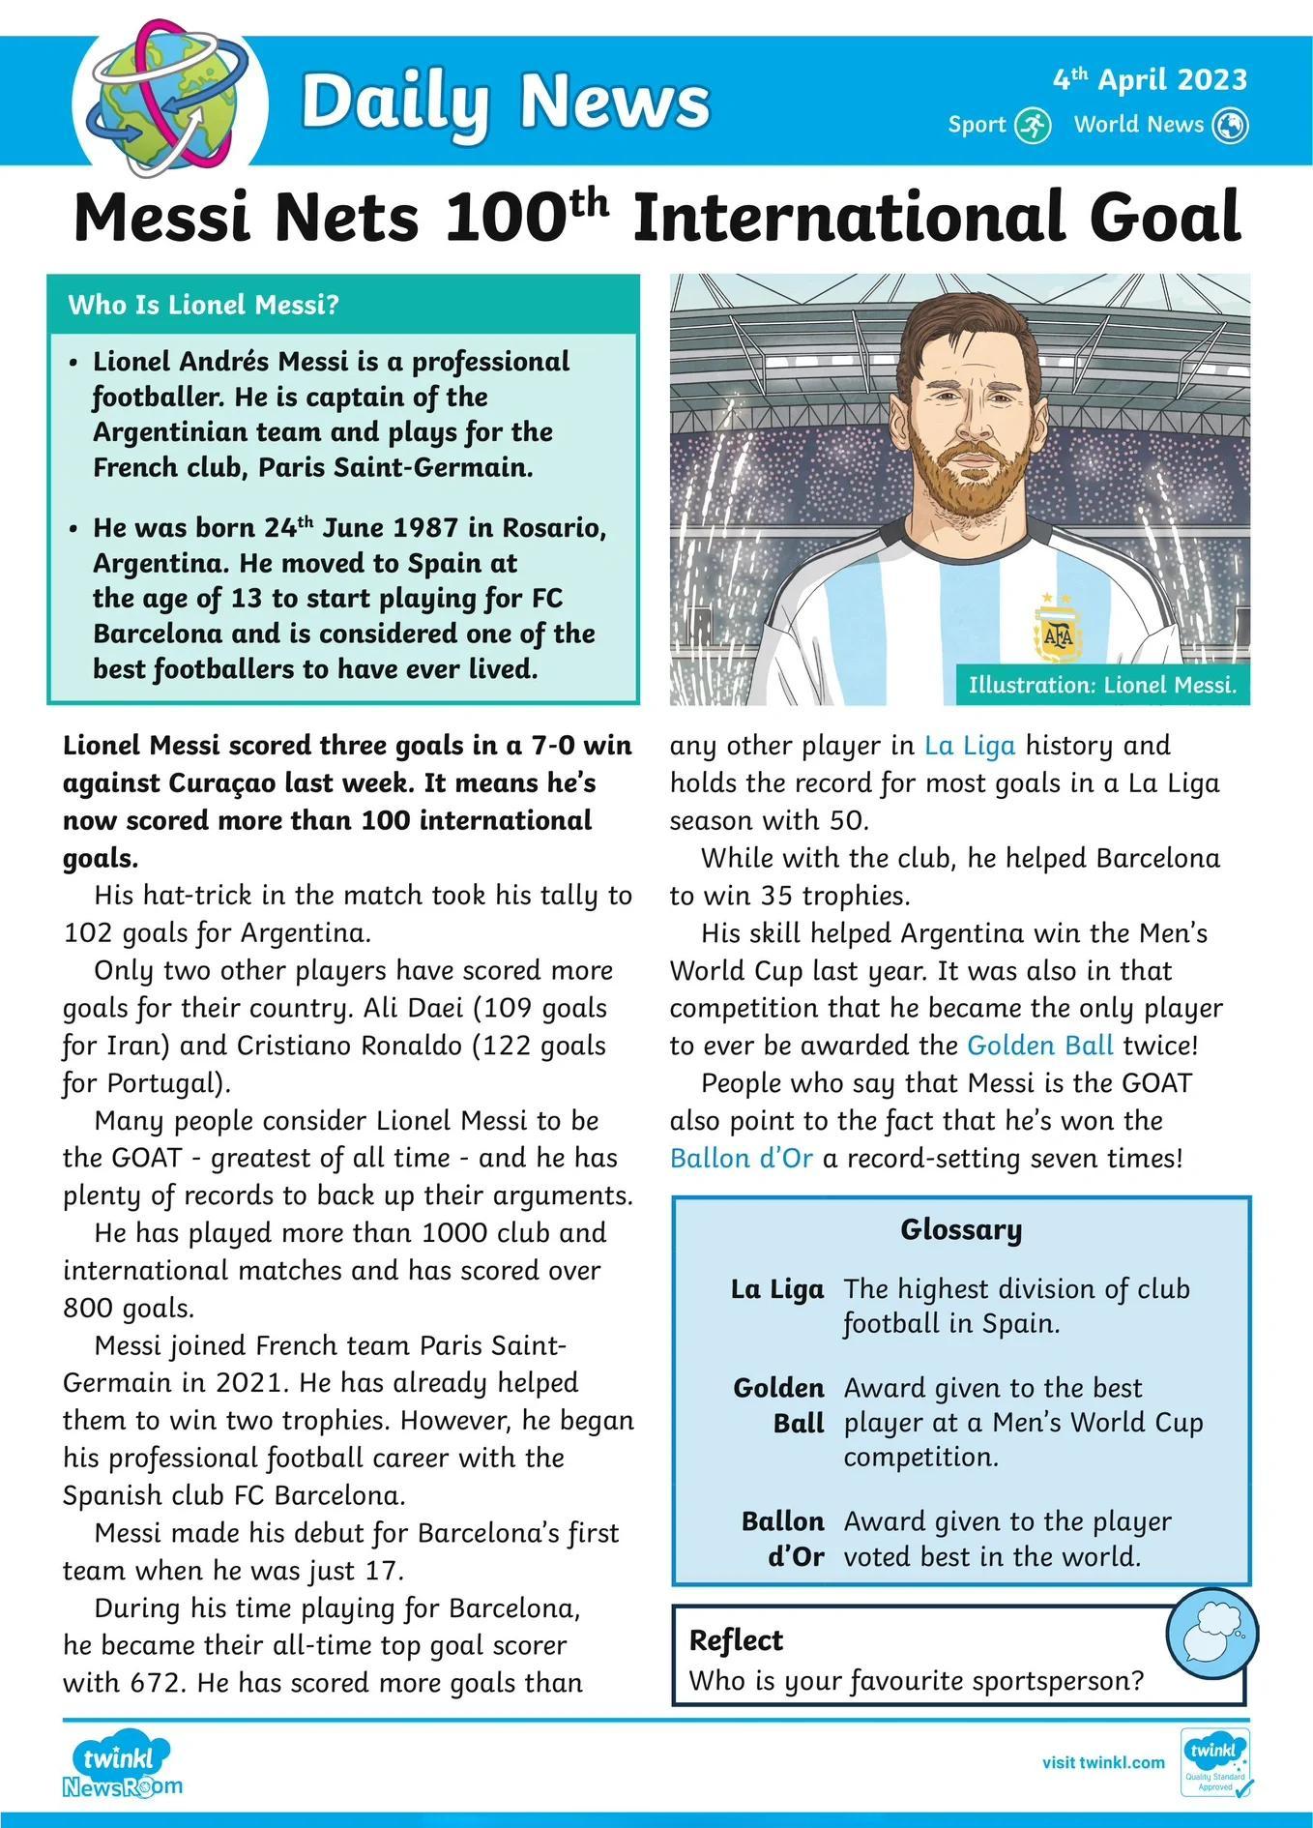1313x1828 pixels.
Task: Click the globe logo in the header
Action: [x=170, y=100]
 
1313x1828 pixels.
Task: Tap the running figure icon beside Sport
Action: [x=1033, y=125]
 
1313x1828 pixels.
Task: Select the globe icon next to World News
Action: [x=1231, y=125]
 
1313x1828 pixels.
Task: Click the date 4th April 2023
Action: [x=1150, y=79]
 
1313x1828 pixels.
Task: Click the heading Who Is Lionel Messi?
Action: [x=203, y=305]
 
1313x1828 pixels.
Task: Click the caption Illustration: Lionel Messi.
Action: [x=1102, y=685]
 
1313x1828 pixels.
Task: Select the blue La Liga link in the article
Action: [x=970, y=746]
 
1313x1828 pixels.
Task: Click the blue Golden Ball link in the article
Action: [x=1040, y=1046]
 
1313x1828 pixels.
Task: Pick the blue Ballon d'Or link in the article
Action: [x=742, y=1158]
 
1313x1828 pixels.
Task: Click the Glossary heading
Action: [x=961, y=1229]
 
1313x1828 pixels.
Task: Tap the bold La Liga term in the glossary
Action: [x=777, y=1289]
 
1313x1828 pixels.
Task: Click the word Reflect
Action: [x=736, y=1640]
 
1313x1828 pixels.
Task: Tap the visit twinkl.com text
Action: [x=1103, y=1762]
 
